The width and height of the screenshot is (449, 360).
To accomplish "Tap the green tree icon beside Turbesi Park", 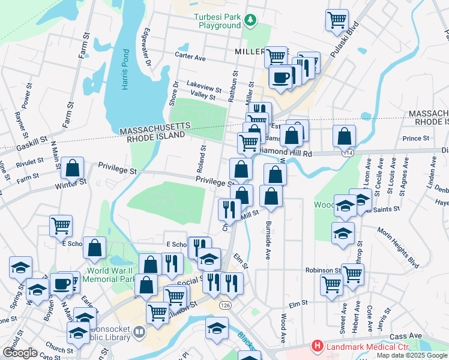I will [250, 22].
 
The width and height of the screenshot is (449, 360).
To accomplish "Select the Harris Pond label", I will [125, 76].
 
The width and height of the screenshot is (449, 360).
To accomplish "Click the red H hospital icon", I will [316, 346].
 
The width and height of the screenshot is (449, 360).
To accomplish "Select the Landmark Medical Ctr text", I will [359, 346].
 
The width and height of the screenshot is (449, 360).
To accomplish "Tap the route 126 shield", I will [224, 305].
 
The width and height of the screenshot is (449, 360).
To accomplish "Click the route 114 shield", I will [348, 154].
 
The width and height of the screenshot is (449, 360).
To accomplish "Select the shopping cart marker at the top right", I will [337, 20].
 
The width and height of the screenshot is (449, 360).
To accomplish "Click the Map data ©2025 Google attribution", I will [411, 355].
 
